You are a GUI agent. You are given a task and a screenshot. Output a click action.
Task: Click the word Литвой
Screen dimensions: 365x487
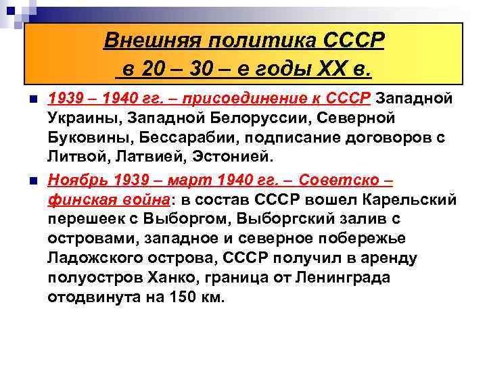pyautogui.click(x=74, y=158)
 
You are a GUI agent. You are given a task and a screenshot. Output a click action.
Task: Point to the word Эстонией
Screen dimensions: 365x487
pyautogui.click(x=232, y=158)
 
